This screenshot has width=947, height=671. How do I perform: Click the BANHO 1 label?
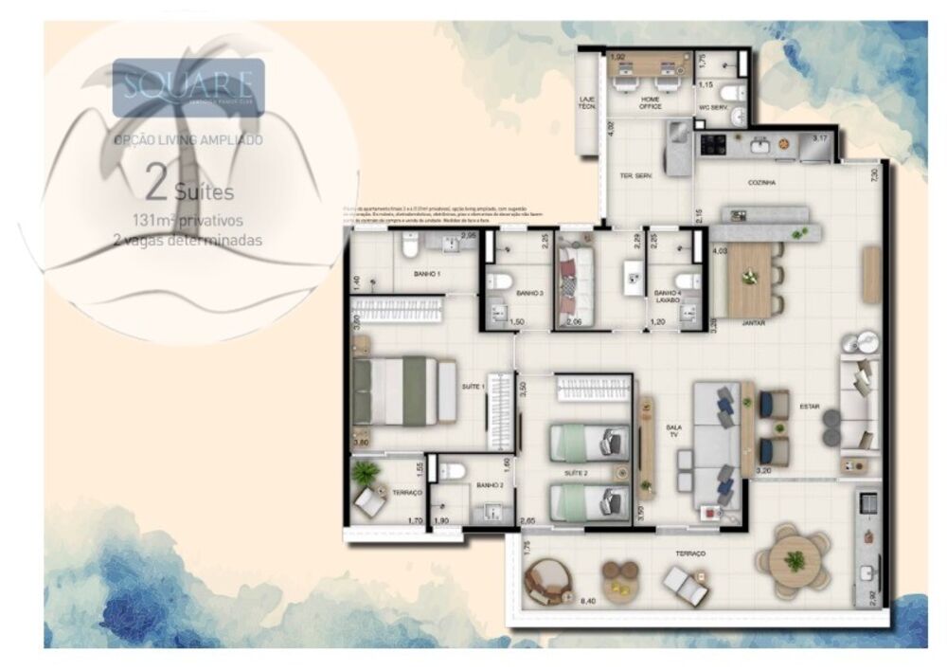click(426, 274)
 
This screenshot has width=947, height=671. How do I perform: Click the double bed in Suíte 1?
click(398, 390)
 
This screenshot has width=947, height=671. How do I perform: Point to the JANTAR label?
click(754, 322)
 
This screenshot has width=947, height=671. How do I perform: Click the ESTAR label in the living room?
click(809, 407)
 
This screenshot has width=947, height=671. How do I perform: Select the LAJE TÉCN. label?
click(587, 103)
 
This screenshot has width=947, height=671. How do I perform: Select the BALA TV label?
click(673, 431)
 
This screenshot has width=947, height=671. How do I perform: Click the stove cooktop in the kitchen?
click(711, 145)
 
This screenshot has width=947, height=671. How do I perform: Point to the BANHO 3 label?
click(528, 293)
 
